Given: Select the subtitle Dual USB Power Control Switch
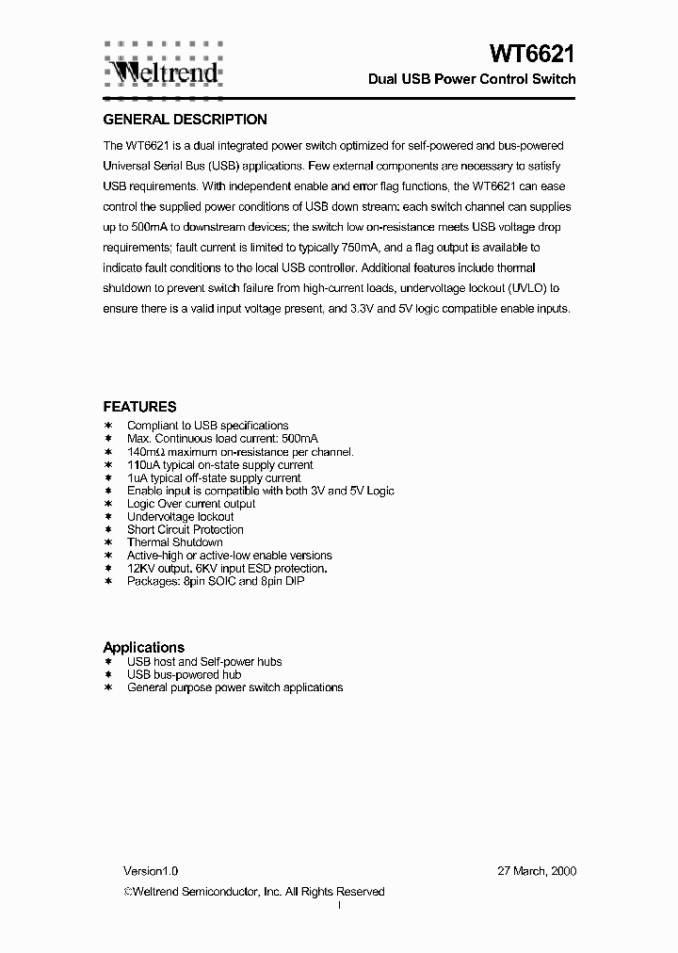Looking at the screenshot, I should click(471, 79).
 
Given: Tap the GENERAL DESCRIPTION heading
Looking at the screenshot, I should click(185, 120).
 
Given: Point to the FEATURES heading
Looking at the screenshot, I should click(139, 407).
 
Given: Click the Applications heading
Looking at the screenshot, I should click(143, 647).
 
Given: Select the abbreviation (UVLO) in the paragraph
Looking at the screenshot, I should click(525, 288).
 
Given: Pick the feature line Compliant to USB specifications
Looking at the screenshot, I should click(207, 426).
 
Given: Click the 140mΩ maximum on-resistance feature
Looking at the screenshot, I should click(240, 452).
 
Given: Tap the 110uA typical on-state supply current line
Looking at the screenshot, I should click(219, 465).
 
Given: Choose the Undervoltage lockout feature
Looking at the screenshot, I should click(180, 517).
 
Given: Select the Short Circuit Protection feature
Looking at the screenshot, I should click(185, 529).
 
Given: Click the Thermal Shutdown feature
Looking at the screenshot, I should click(174, 542).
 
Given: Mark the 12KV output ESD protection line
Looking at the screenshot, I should click(227, 569).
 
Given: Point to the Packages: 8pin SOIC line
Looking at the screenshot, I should click(215, 581).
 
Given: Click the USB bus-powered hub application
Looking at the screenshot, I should click(184, 674).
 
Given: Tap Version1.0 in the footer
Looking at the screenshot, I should click(151, 871).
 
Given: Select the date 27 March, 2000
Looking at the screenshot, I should click(537, 871).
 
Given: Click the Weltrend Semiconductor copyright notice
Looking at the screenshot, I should click(254, 892).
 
